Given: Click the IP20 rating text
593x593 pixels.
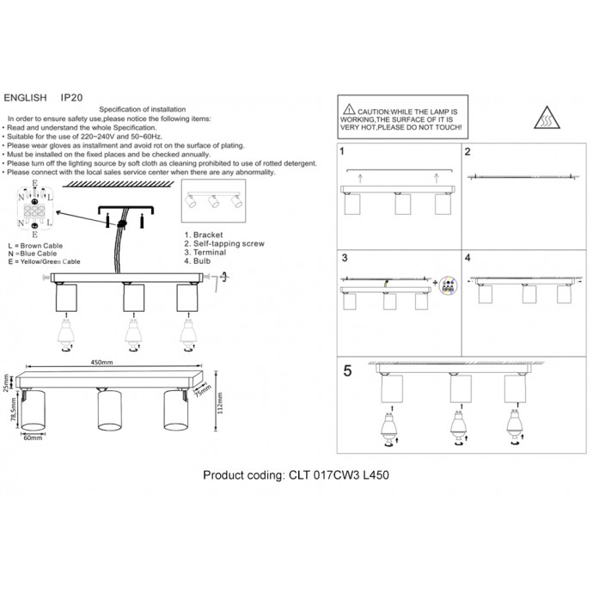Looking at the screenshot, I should click(71, 100).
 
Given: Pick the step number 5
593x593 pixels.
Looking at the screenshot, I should click(347, 372).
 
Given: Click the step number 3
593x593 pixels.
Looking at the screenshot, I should click(344, 258).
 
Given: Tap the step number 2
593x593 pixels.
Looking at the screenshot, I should click(468, 153).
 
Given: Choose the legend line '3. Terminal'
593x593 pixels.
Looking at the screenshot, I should click(205, 253).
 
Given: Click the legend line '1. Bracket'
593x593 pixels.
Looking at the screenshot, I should click(204, 235).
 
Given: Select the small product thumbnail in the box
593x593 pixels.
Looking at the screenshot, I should click(211, 202).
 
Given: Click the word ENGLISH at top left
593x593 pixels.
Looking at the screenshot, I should click(26, 100).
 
